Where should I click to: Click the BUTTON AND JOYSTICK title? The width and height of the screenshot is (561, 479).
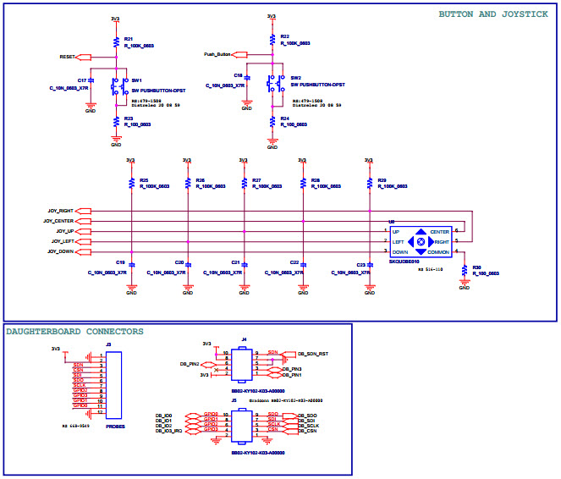(x=492, y=14)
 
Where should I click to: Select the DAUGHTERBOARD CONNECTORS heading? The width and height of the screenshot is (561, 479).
(x=74, y=332)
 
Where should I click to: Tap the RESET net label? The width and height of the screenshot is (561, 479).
(x=67, y=57)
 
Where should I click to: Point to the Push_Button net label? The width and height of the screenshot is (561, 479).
(x=217, y=54)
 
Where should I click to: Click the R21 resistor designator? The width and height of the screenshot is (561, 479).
(x=129, y=39)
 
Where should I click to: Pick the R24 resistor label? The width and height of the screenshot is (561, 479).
(x=284, y=118)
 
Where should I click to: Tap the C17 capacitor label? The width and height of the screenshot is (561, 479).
(x=82, y=80)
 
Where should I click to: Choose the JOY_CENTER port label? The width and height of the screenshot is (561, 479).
(x=60, y=221)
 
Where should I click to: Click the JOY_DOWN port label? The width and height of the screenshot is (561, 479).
(x=61, y=251)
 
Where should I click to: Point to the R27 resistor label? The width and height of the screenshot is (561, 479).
(x=257, y=180)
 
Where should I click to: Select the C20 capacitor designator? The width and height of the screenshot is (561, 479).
(x=179, y=263)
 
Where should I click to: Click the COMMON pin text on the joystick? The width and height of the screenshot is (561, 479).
(x=438, y=252)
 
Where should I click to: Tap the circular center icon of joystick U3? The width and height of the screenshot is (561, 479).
(x=421, y=242)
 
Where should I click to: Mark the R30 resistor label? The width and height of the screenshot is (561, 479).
(x=476, y=267)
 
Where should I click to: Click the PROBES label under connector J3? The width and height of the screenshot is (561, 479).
(x=116, y=427)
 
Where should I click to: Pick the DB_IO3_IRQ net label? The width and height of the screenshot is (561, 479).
(x=168, y=431)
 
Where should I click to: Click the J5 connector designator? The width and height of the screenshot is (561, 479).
(x=245, y=401)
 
